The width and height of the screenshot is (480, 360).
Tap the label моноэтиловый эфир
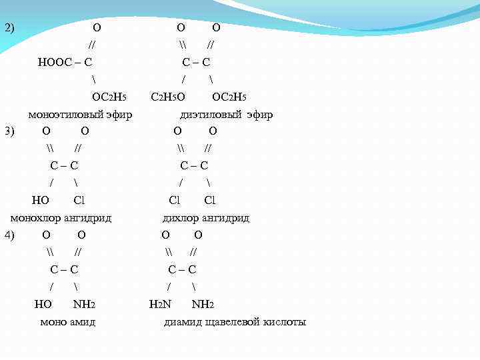(x=80, y=115)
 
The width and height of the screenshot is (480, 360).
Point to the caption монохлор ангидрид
(x=61, y=218)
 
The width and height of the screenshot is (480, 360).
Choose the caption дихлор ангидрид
(x=206, y=218)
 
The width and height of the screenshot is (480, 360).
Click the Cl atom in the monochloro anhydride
(x=79, y=200)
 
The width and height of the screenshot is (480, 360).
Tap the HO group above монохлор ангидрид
(x=40, y=200)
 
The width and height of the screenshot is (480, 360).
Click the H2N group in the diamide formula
(x=159, y=305)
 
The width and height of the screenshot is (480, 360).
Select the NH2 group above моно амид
(x=85, y=305)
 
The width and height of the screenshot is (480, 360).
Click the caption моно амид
(x=68, y=322)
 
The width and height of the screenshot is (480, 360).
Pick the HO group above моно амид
(x=43, y=305)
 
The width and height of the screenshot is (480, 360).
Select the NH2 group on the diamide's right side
(x=203, y=305)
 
